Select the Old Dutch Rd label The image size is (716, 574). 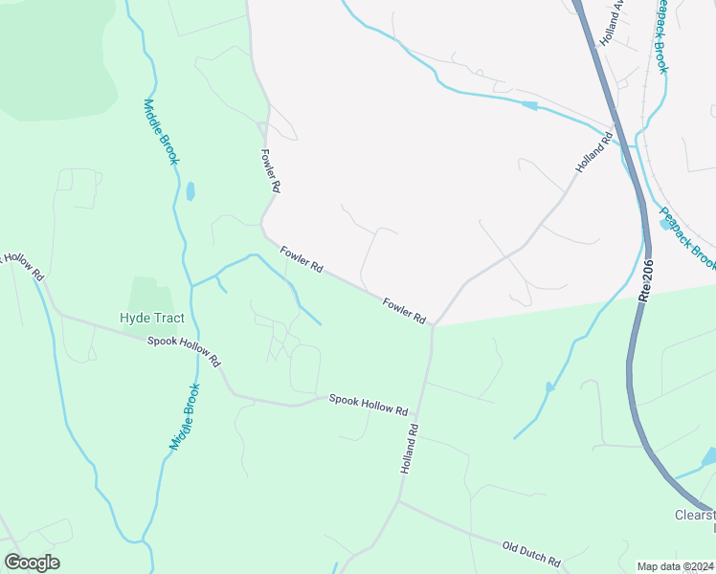click(x=530, y=553)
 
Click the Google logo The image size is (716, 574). click(x=32, y=563)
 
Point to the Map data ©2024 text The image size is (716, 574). click(x=675, y=566)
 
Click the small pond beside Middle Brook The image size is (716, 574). click(x=190, y=191)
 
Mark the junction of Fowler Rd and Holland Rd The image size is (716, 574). click(x=433, y=325)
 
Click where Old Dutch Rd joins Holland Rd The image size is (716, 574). click(x=399, y=501)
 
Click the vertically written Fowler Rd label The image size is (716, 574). click(x=270, y=171)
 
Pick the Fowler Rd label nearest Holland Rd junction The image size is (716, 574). click(x=404, y=311)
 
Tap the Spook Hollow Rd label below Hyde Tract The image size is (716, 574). click(x=184, y=351)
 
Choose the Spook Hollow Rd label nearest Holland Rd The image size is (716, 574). click(x=369, y=405)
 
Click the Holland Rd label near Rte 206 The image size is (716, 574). click(x=593, y=153)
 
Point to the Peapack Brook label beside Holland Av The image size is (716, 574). click(x=660, y=36)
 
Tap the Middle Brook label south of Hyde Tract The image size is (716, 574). click(x=186, y=417)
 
